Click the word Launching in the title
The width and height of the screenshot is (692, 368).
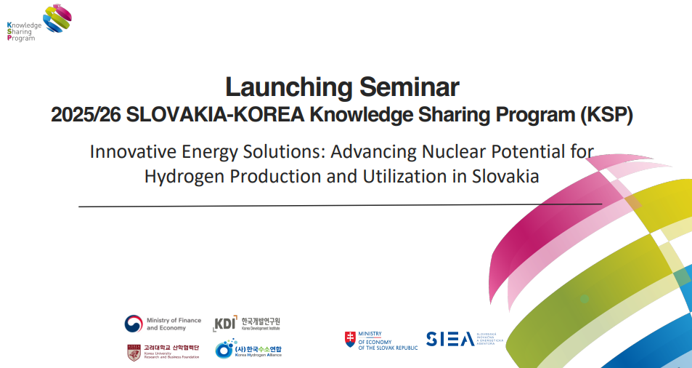point(280,87)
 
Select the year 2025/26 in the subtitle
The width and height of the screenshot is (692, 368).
point(86,115)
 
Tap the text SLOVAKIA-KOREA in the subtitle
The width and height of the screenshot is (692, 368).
point(216,115)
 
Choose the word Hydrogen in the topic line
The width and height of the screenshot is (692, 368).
point(180,175)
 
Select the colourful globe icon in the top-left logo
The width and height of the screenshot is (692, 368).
point(57,17)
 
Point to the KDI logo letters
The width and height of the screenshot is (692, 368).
point(225,324)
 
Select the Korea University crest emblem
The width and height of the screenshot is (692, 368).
point(134,352)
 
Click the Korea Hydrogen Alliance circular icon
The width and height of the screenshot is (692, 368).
point(225,350)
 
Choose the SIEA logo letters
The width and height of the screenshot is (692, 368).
point(450,339)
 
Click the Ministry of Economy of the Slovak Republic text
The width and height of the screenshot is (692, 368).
point(388,340)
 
